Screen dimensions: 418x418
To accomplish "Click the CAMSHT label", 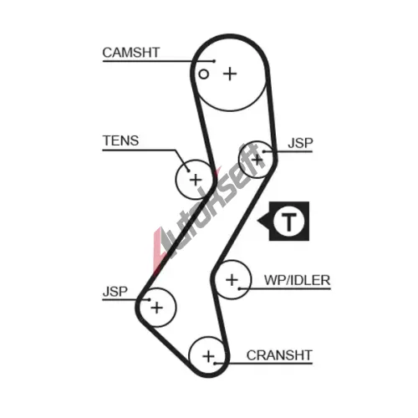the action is (131, 53).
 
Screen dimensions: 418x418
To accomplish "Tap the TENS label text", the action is (120, 140).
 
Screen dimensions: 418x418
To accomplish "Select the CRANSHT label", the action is (279, 355).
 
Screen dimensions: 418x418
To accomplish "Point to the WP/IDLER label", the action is (297, 280).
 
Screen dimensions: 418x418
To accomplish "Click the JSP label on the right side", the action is (300, 143).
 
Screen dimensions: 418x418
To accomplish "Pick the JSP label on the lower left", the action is (115, 292).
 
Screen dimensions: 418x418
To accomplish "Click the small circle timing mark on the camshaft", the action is (204, 74).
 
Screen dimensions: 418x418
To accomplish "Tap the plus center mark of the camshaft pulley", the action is (230, 74).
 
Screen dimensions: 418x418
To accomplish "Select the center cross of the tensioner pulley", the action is (196, 180).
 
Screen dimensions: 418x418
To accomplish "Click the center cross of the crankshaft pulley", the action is (208, 356).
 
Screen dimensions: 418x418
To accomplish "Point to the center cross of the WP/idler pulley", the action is (232, 280).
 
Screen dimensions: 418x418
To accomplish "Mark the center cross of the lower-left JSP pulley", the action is (156, 308).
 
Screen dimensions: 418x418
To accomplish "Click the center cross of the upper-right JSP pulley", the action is (257, 160).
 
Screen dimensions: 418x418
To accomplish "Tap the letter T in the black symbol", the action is (289, 222).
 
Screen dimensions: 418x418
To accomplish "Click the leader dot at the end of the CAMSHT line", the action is (214, 61).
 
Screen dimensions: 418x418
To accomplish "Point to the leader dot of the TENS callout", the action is (189, 171).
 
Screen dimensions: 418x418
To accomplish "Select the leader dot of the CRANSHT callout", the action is (215, 364).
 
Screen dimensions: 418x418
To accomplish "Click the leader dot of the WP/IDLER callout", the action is (239, 288).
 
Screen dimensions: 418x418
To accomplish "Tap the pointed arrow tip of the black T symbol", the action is (257, 222).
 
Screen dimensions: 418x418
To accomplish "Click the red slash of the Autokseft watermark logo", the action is (158, 249).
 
